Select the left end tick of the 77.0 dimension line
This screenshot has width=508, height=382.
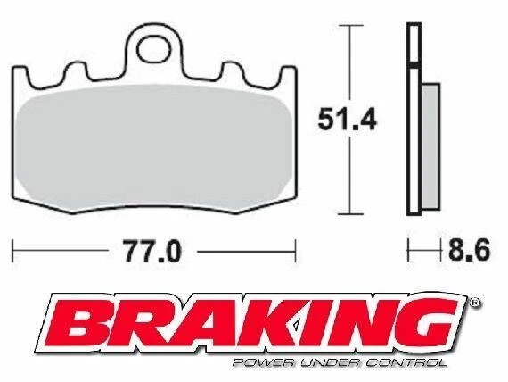[14, 252]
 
